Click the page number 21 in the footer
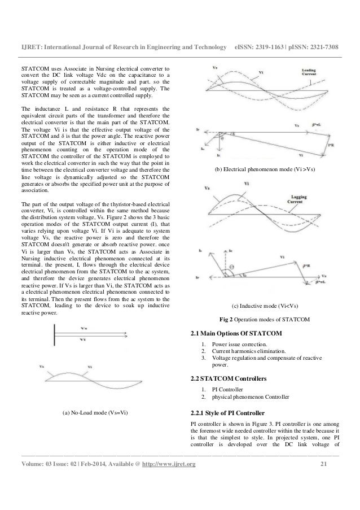(323, 464)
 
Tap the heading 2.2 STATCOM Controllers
(229, 377)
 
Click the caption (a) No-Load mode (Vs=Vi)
(94, 413)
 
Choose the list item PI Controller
(226, 390)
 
